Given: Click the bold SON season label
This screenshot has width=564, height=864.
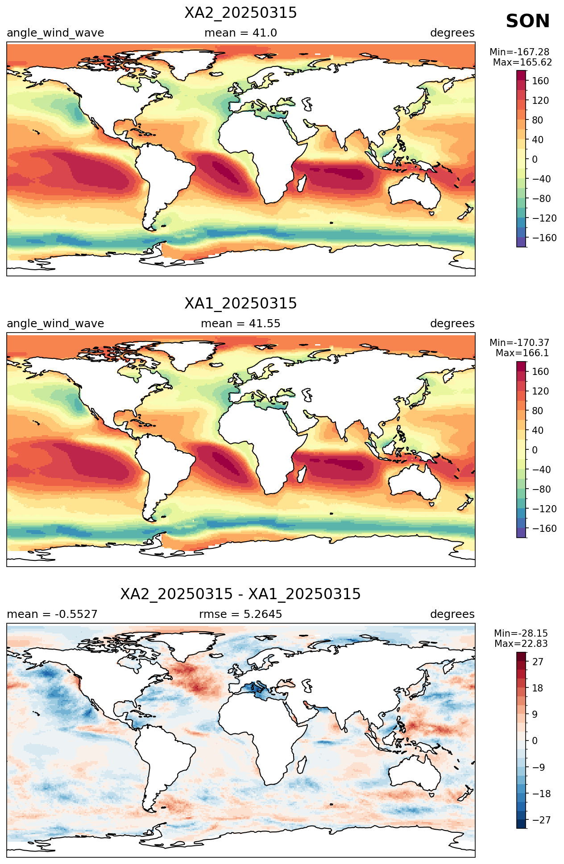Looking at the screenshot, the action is [x=527, y=21].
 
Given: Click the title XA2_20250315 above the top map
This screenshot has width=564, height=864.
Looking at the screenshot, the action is [x=241, y=13].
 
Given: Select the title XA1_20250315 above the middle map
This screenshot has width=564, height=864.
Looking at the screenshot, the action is [x=241, y=304].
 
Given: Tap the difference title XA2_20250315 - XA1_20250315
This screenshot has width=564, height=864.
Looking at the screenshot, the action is [x=241, y=594].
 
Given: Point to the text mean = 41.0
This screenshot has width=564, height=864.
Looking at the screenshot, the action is [x=241, y=33].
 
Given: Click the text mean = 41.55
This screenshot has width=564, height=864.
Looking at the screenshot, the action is [x=241, y=324].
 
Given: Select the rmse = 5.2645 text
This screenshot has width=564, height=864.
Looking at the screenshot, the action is [x=241, y=614].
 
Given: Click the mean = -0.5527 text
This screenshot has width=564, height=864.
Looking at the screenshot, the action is [x=52, y=614].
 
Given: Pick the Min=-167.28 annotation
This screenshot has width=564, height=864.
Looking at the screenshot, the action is [x=519, y=52].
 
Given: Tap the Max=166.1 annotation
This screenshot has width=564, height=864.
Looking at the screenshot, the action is [x=522, y=353].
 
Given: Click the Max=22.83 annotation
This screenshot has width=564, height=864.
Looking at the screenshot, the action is [x=521, y=644].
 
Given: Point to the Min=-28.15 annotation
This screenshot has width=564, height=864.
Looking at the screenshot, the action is [x=521, y=634].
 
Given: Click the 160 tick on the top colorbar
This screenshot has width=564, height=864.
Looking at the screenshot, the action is [x=540, y=81].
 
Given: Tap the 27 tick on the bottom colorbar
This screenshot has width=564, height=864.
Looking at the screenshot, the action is [x=538, y=662].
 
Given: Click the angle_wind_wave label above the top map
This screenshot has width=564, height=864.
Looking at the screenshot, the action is [x=55, y=33].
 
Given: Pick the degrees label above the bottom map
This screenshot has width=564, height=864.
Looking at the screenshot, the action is [x=452, y=615].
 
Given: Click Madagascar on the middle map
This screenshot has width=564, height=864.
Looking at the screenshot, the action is [x=302, y=474].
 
